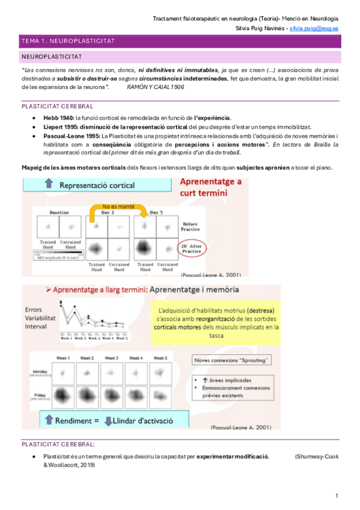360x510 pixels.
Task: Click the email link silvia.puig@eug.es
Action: coord(313,28)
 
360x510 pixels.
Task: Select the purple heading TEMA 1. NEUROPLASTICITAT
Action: coord(68,41)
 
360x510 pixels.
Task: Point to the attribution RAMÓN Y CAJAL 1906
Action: coord(156,87)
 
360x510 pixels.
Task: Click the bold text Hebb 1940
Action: coord(58,118)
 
